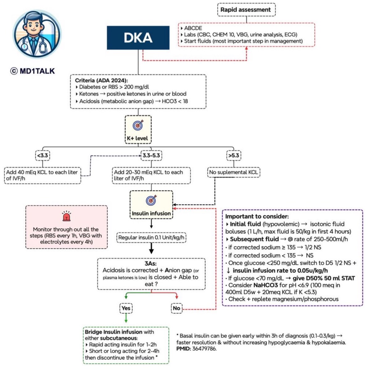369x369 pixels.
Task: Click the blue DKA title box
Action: point(138,38)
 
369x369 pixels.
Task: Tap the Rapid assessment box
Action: point(246,9)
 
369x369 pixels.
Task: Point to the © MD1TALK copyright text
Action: point(33,71)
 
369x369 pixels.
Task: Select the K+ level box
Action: point(137,129)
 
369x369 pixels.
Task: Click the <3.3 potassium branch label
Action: point(43,155)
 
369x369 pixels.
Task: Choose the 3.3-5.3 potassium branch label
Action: point(151,155)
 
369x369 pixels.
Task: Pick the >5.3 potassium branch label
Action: point(233,155)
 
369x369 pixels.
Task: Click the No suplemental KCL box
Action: point(233,172)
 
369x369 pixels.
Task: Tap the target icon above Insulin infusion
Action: point(151,200)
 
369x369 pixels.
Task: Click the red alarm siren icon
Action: point(66,216)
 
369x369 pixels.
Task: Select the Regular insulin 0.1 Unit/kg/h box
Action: point(152,238)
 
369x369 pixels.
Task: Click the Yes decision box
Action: point(126,308)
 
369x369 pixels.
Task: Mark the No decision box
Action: point(176,308)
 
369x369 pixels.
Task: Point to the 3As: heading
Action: point(151,264)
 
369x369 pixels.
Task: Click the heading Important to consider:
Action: point(257,216)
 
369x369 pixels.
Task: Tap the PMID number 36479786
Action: point(206,349)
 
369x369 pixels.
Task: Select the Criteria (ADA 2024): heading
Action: point(101,81)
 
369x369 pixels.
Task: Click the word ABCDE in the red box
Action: point(193,28)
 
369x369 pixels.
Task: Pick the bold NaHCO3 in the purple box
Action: point(266,285)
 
